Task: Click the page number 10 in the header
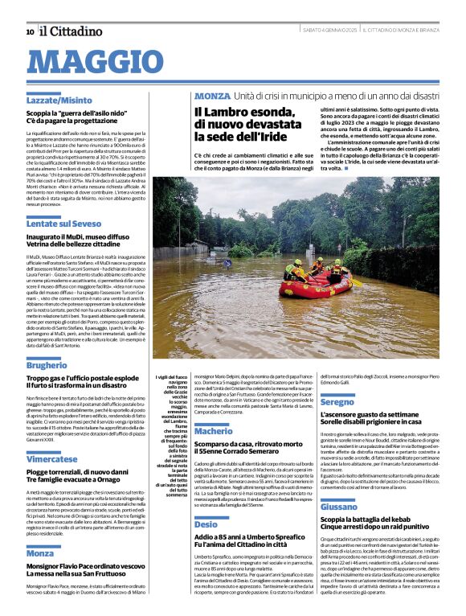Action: coord(30,31)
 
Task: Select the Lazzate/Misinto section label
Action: coord(59,100)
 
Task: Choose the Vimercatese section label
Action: coord(52,459)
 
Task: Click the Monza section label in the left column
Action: coord(40,553)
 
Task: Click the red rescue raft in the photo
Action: coord(317,281)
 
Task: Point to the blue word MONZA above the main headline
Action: coord(212,95)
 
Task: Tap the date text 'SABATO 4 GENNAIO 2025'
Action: coord(329,31)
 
